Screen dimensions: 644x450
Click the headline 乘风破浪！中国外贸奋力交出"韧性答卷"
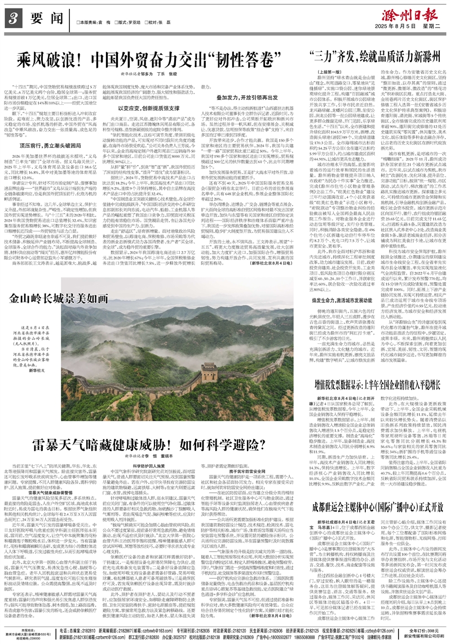tap(149, 58)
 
